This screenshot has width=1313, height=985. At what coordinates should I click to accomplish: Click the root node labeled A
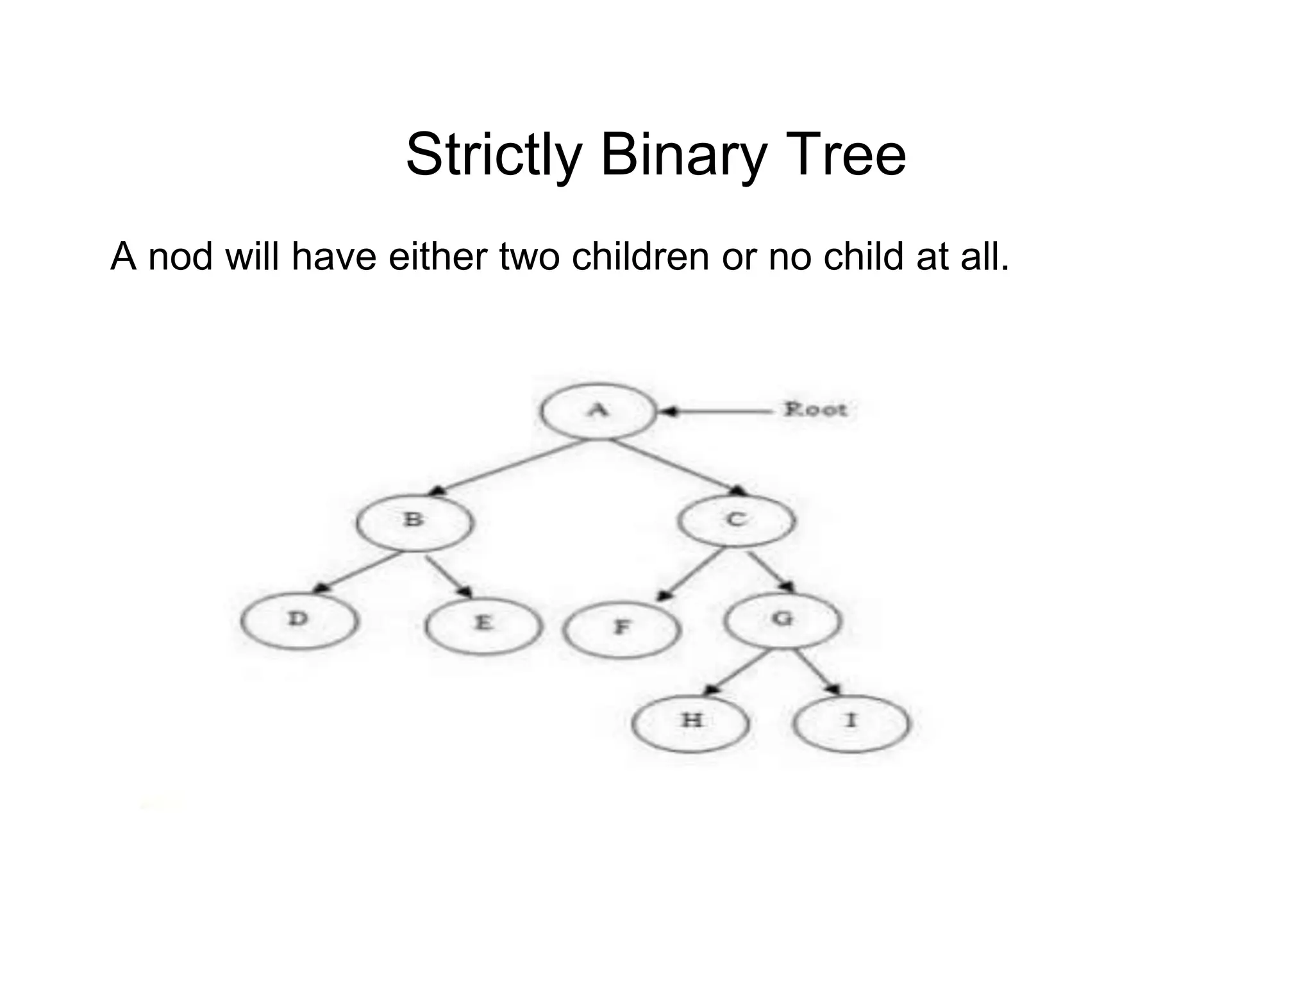[x=598, y=410]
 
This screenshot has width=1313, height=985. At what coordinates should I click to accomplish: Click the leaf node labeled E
[x=483, y=625]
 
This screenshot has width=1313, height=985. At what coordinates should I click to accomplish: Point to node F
[x=621, y=630]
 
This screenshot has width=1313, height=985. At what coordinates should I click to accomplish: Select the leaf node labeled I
[x=851, y=723]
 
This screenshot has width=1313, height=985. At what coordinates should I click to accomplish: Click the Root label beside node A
[x=815, y=409]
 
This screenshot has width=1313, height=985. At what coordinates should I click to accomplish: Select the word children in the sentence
[x=641, y=257]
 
